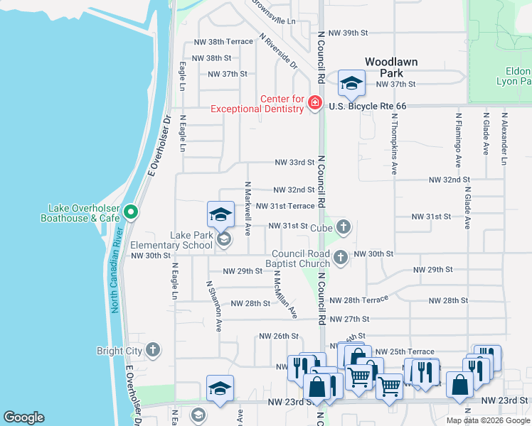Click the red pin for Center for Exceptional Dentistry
314,104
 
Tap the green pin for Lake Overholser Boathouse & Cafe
130,212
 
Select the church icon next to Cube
343,227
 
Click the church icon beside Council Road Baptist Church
341,258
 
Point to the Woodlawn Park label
391,67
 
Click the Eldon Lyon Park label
517,77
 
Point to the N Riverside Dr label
278,51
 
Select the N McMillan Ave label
284,293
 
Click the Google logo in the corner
24,417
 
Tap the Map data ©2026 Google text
488,420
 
